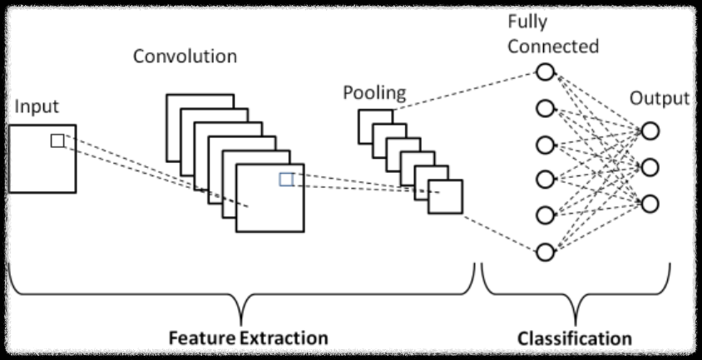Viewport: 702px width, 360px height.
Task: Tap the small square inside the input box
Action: (57, 141)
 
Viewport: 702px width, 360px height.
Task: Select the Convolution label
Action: (185, 57)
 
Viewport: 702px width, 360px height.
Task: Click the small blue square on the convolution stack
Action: (286, 179)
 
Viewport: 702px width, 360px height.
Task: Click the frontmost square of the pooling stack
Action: (445, 197)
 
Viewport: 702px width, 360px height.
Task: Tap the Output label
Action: (659, 98)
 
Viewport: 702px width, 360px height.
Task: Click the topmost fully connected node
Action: (545, 72)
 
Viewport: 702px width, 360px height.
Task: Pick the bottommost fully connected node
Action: (545, 250)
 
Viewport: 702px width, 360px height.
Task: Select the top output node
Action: (650, 131)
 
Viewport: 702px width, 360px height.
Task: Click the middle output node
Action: (650, 167)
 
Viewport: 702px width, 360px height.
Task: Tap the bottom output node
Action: (650, 203)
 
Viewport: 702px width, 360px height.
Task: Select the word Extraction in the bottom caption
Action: (284, 338)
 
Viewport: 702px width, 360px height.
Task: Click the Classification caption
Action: (574, 338)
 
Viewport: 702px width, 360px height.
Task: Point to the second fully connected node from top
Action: (545, 108)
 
